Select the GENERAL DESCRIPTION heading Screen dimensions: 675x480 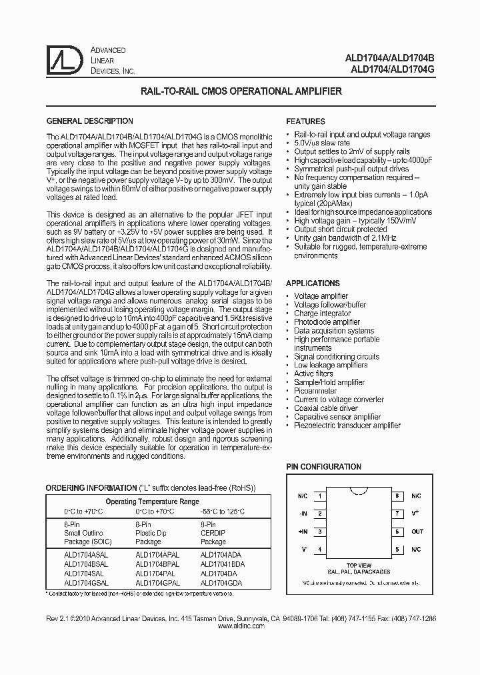click(89, 121)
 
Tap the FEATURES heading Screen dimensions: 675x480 click(305, 121)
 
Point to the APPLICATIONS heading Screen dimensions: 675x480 click(313, 283)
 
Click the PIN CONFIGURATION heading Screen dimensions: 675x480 click(323, 467)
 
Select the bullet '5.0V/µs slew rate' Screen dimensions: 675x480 click(322, 143)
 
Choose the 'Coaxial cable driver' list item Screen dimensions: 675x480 click(326, 408)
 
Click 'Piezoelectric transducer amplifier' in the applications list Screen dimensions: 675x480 click(347, 426)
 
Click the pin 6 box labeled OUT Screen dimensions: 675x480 click(397, 532)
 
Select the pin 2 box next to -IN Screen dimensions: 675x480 click(321, 514)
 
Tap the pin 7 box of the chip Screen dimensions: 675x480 click(397, 514)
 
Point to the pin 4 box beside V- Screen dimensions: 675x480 click(321, 550)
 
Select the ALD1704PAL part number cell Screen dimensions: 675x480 click(155, 572)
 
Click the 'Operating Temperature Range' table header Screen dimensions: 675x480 click(152, 501)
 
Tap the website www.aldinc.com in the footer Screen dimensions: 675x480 click(241, 627)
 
